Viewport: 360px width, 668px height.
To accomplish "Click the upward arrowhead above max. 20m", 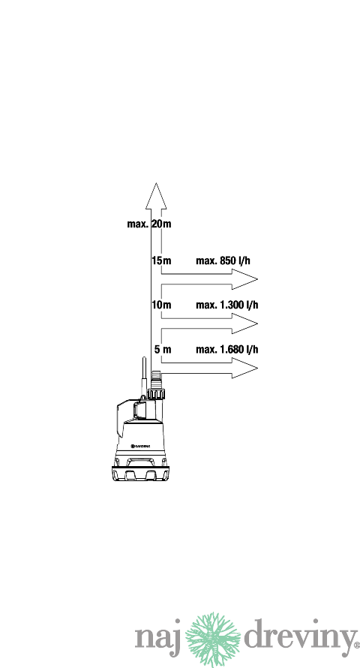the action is click(156, 196).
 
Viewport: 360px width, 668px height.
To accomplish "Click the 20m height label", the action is click(161, 224).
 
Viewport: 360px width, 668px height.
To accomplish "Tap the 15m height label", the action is click(161, 260).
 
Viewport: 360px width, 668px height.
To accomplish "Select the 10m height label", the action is click(161, 305).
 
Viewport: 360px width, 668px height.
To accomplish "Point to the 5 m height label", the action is click(163, 349).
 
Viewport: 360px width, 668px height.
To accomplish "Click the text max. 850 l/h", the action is click(223, 260).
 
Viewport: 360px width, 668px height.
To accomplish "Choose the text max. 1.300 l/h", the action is click(226, 305).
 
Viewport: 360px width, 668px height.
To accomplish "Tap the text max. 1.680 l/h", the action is click(226, 349).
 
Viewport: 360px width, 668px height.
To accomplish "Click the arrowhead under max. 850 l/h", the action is click(244, 279).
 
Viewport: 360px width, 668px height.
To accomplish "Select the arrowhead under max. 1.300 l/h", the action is click(244, 323).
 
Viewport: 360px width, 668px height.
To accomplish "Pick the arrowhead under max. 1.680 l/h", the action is click(244, 368).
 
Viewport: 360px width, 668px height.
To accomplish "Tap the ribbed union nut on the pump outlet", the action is click(156, 393).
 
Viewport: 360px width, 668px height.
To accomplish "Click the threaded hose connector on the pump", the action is click(156, 379).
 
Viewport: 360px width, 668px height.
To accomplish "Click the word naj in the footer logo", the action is click(158, 637).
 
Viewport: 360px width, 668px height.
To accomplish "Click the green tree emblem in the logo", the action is click(213, 639).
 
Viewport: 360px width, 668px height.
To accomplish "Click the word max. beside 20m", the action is click(138, 224).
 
